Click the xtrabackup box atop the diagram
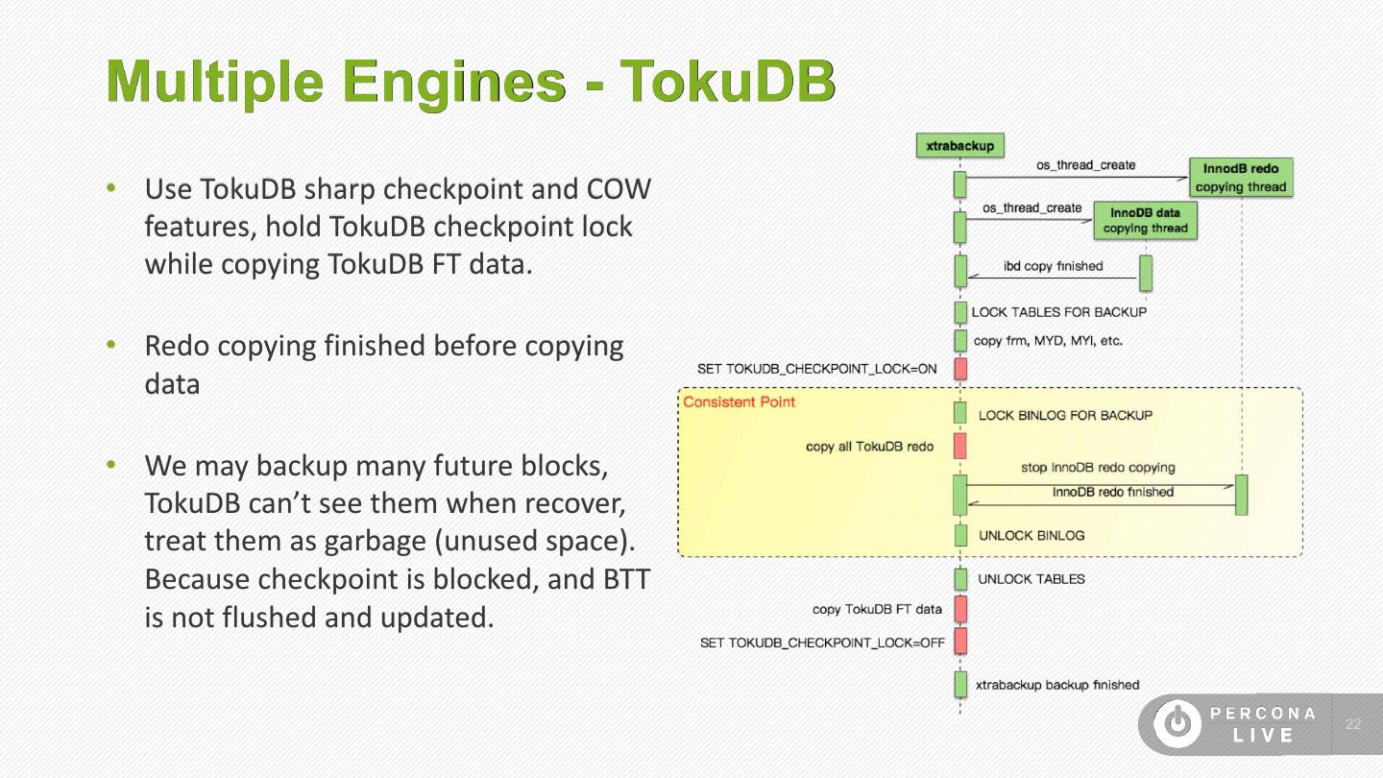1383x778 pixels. click(959, 145)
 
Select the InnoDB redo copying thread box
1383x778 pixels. click(1241, 178)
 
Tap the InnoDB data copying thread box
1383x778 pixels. click(1145, 220)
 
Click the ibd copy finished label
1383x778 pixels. click(1053, 266)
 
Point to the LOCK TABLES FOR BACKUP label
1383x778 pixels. click(1058, 312)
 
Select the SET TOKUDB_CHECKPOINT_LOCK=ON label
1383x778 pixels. click(817, 369)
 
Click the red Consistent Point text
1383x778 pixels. click(739, 401)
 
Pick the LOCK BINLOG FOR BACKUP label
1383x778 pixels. click(1065, 416)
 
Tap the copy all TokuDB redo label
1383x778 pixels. click(870, 447)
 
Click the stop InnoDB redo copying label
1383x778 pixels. click(1098, 468)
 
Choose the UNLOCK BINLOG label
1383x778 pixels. click(1031, 536)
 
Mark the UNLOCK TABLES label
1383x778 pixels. click(1031, 579)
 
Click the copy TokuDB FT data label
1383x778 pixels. click(877, 609)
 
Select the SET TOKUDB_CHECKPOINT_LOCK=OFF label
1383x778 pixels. click(822, 643)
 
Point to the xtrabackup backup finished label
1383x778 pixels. click(1057, 685)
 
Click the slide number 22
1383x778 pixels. click(1353, 724)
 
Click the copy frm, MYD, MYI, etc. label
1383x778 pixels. click(1048, 341)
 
